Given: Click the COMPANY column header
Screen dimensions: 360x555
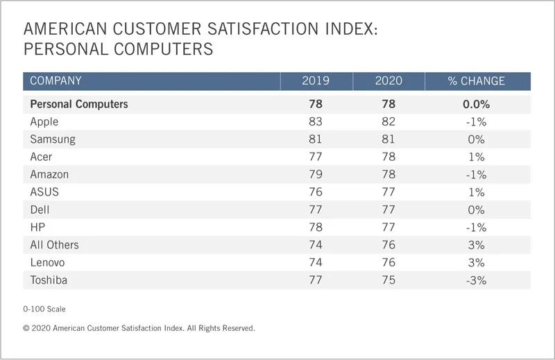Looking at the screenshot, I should (55, 81).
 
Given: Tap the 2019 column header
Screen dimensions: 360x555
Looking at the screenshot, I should (316, 81).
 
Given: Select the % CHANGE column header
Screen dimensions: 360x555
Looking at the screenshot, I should (476, 81).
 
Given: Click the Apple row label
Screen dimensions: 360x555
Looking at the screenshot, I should (44, 121).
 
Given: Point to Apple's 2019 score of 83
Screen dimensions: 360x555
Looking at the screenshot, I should (316, 121).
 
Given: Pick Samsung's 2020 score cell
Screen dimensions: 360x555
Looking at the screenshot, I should (388, 139).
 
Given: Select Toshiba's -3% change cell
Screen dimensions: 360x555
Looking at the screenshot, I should (476, 280).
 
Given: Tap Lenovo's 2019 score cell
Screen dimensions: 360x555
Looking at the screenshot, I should (316, 262).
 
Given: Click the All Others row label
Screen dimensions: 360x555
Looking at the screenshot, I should (54, 245).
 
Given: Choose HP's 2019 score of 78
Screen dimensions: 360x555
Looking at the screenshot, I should (316, 227).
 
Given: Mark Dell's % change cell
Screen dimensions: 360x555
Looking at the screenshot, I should (476, 209).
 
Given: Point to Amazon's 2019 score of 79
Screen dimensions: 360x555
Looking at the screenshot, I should (316, 174).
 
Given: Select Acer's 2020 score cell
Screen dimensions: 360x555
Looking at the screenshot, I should (388, 157).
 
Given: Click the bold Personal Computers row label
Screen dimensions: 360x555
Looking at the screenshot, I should (79, 104).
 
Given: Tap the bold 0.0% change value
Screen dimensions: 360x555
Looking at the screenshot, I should (476, 104).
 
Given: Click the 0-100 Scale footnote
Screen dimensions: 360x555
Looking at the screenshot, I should (44, 309).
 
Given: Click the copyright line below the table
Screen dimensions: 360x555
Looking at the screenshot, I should (139, 328).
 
